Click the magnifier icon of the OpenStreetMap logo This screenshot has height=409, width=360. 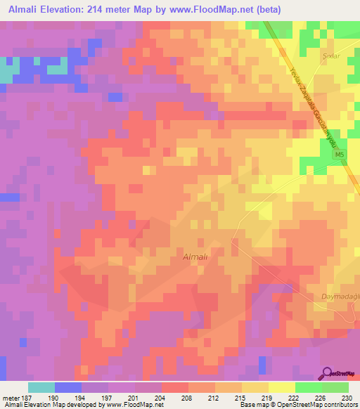pos(328,373)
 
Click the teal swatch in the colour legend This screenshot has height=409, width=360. pos(41,387)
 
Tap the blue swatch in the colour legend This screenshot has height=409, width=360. pos(68,387)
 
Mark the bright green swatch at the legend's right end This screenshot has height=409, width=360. pos(335,387)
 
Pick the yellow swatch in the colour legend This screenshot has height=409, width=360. pos(281,387)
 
